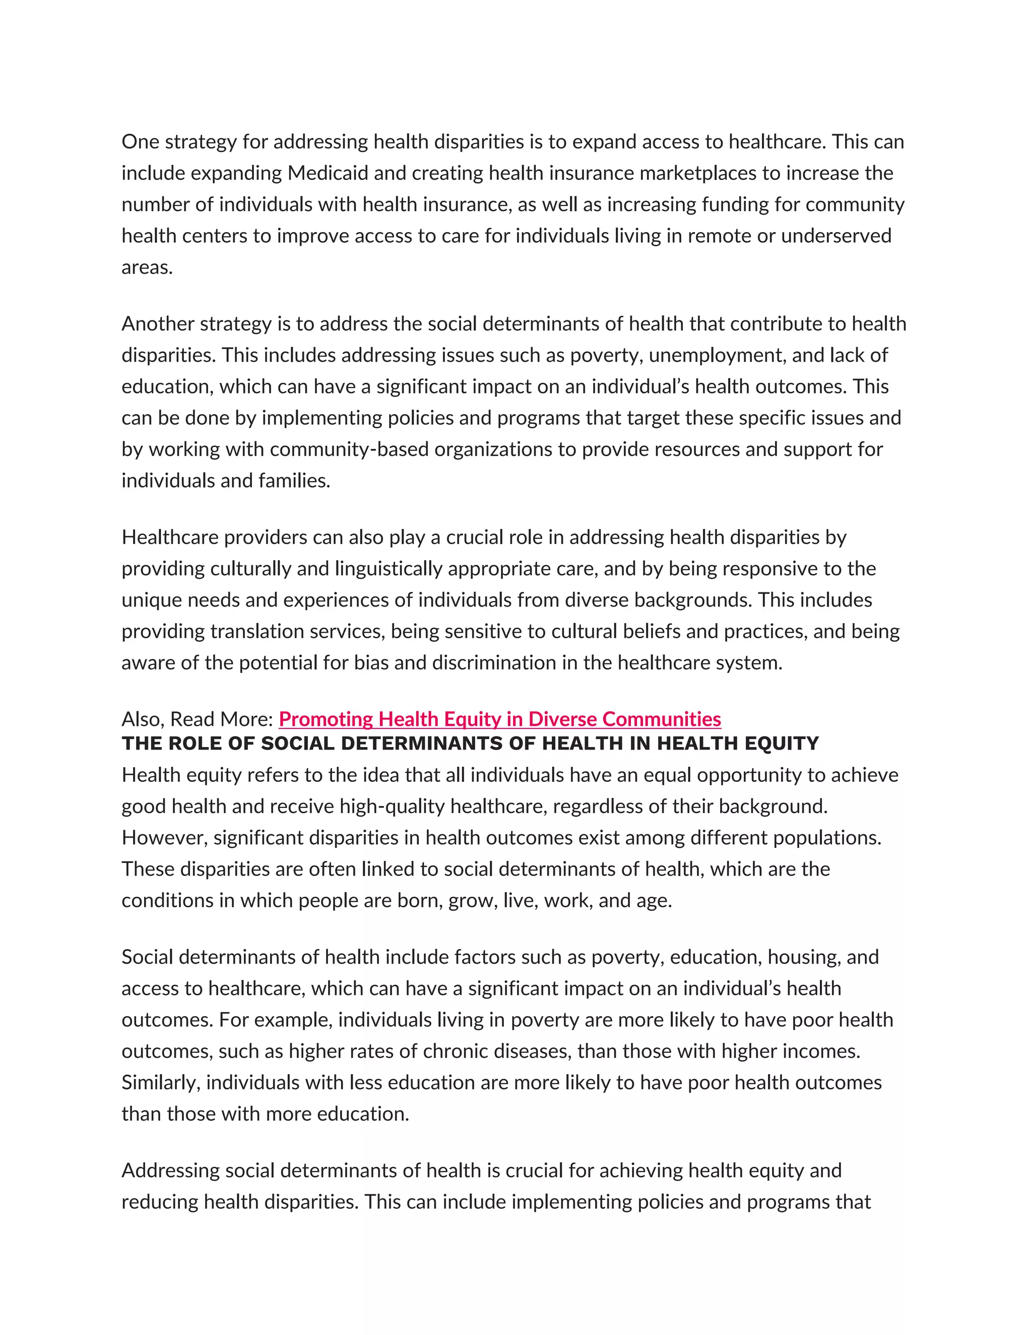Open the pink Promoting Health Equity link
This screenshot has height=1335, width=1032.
tap(499, 719)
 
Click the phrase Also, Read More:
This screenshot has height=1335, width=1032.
tap(197, 719)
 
